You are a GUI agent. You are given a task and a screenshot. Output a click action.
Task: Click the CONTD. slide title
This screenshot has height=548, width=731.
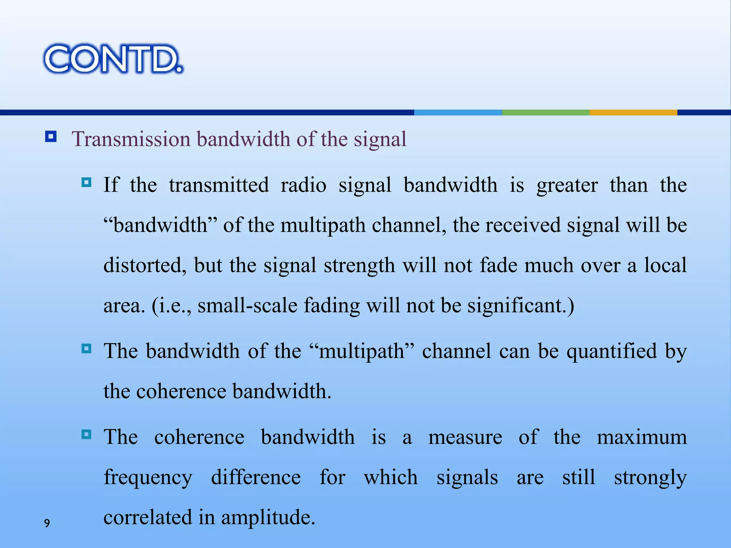(113, 59)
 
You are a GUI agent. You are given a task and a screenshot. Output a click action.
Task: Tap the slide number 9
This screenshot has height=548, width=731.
(47, 523)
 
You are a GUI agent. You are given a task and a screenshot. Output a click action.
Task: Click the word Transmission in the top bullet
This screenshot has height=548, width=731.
(131, 139)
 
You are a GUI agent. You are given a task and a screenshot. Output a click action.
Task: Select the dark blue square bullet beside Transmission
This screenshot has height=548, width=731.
(51, 137)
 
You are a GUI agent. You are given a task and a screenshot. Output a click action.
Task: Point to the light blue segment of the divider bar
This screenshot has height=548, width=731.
(458, 112)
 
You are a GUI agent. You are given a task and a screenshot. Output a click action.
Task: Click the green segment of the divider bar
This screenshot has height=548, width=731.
(545, 112)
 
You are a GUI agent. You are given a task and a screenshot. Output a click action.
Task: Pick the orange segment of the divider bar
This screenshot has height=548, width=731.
(633, 112)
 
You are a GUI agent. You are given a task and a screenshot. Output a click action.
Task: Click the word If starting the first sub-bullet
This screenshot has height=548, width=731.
(111, 185)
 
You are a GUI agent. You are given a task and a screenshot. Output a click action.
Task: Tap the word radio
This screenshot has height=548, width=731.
(303, 185)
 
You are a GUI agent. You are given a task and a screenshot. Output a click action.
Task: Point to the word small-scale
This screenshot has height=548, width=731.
(247, 306)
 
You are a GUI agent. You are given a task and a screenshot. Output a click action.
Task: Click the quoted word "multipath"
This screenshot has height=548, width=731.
(362, 351)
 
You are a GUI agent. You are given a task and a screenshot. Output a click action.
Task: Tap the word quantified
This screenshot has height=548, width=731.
(611, 351)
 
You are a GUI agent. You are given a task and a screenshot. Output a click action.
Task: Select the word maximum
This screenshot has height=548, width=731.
(642, 437)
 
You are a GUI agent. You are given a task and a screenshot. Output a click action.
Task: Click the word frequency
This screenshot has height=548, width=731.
(148, 478)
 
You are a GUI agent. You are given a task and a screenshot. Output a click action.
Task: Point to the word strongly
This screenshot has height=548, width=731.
(650, 478)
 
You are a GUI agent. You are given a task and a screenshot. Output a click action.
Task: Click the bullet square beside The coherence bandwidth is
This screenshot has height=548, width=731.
(86, 435)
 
